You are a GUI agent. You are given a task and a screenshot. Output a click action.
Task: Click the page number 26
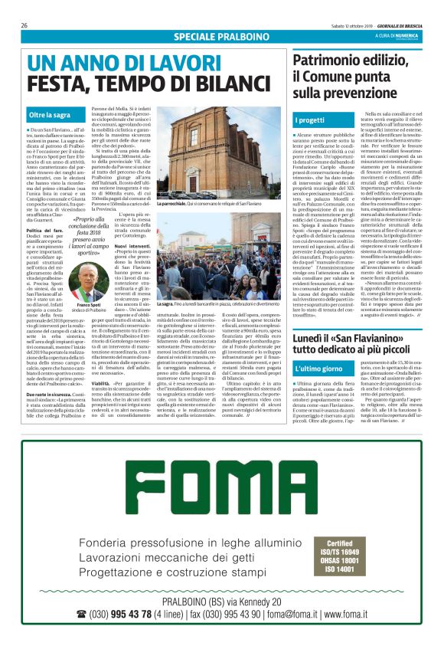pyautogui.click(x=24, y=25)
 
